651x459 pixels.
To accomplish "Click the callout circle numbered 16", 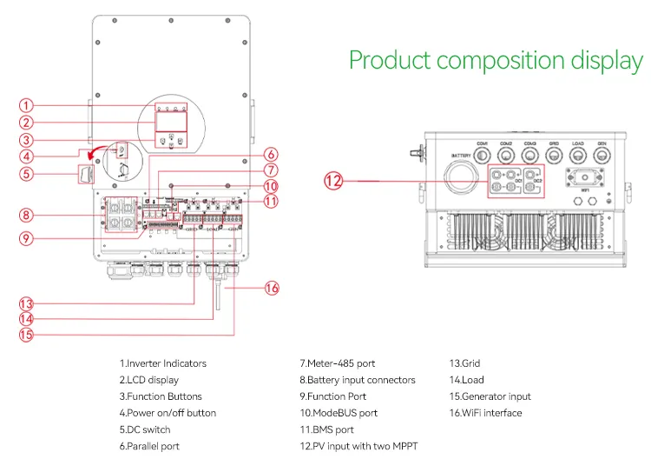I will click(272, 287).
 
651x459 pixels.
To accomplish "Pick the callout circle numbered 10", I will click(271, 185).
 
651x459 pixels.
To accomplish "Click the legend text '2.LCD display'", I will click(149, 380).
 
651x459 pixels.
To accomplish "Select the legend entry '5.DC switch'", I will click(145, 429).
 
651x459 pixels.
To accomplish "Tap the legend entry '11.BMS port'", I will click(326, 429).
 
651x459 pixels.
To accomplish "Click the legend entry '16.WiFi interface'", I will click(485, 413).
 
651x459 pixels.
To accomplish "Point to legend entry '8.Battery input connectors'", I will click(358, 380).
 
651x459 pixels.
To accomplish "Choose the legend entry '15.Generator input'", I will click(490, 396).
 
